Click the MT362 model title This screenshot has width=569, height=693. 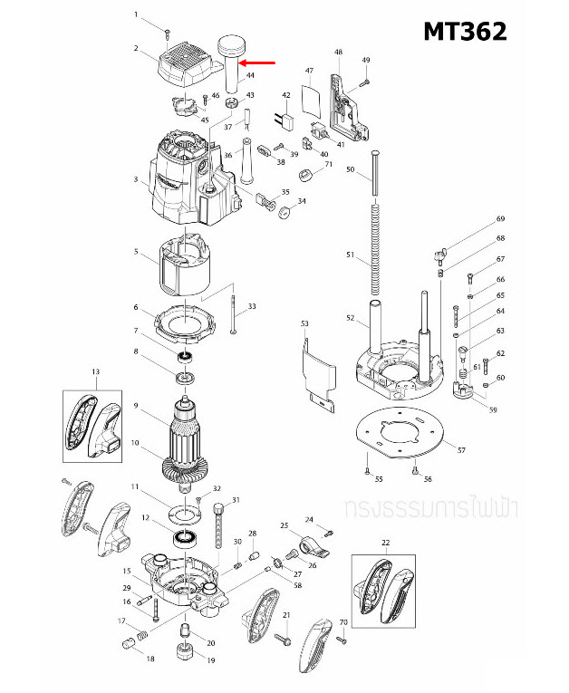pos(465,32)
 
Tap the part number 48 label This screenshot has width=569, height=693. pos(338,53)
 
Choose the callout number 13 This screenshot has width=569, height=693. pos(95,372)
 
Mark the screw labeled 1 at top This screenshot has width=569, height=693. pos(169,32)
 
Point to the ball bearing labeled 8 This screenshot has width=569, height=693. pos(186,374)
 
